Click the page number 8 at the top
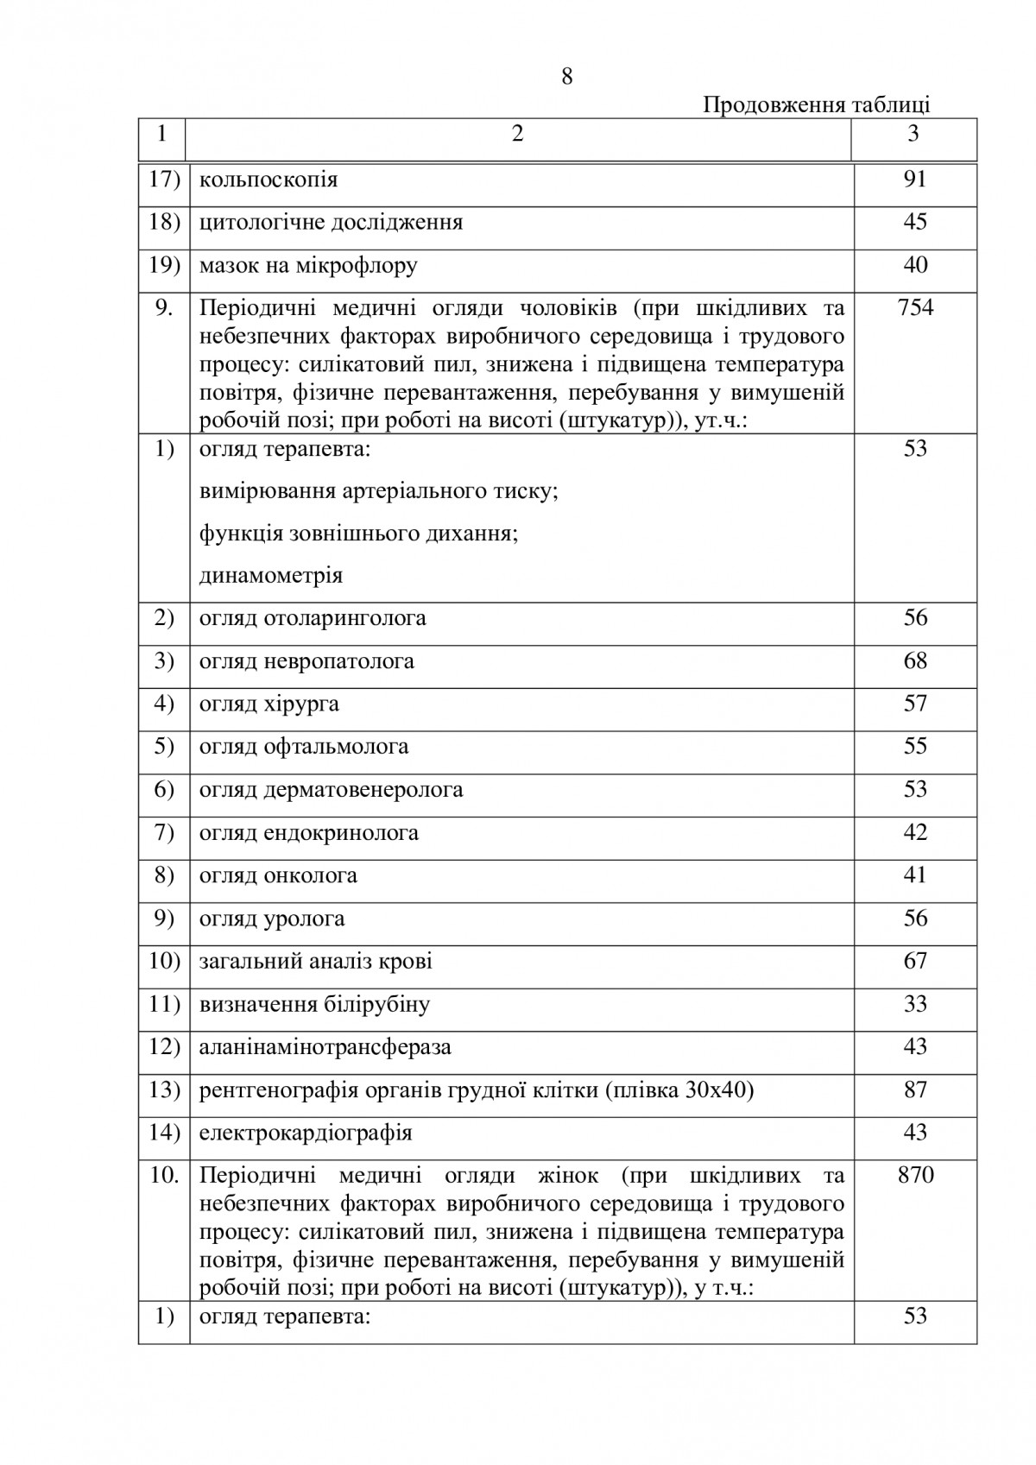click(566, 77)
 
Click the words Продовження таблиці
click(816, 105)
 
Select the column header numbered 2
click(517, 134)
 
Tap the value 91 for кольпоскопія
click(915, 180)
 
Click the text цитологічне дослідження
click(331, 223)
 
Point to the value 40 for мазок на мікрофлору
click(915, 265)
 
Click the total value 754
click(915, 307)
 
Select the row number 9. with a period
click(164, 307)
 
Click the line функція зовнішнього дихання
click(358, 534)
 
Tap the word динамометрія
click(270, 576)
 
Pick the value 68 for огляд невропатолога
click(915, 661)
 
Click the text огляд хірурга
click(268, 704)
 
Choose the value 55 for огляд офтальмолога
click(915, 747)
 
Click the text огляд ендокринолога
click(308, 833)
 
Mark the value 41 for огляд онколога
click(915, 875)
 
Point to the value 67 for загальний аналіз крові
click(915, 961)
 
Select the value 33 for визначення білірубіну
click(915, 1004)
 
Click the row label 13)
click(164, 1090)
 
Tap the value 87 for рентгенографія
click(915, 1090)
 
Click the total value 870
click(915, 1176)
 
